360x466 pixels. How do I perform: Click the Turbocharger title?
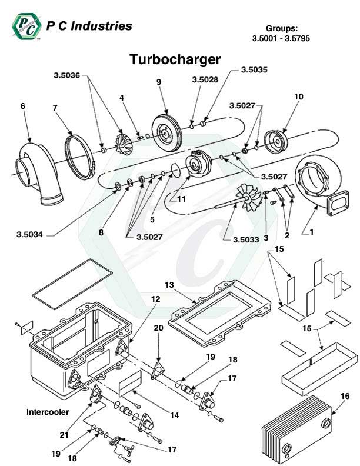(174, 59)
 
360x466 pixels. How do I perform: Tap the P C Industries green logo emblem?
(25, 27)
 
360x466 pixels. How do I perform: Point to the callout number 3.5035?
(254, 69)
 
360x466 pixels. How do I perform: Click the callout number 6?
(23, 106)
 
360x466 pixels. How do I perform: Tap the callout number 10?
(298, 96)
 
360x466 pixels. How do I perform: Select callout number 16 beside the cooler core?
(344, 397)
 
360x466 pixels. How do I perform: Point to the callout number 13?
(169, 285)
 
